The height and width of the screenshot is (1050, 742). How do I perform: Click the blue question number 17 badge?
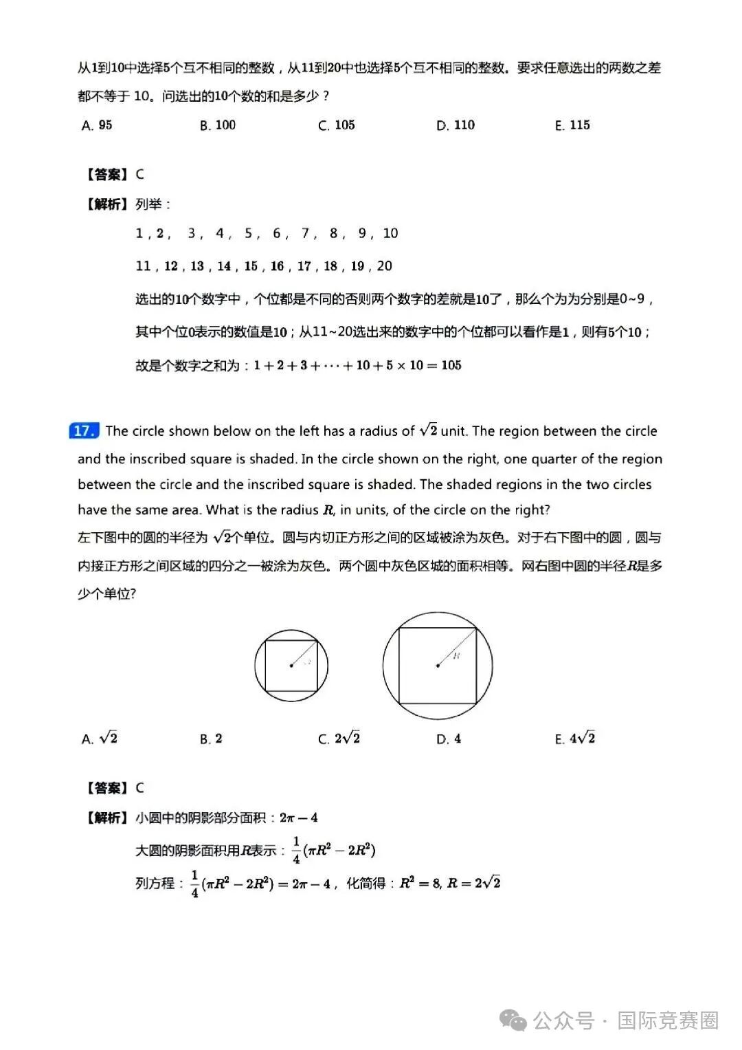84,431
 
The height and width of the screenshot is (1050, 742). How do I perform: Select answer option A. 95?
97,125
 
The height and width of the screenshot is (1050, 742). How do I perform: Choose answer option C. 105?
337,125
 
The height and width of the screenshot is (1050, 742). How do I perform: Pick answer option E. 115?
572,125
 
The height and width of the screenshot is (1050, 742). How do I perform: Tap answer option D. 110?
456,125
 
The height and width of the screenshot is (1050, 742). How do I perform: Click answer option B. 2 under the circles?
211,739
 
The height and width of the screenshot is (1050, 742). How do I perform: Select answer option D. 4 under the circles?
449,739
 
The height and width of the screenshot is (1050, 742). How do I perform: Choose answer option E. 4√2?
575,739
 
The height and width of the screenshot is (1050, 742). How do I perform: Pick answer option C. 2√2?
339,739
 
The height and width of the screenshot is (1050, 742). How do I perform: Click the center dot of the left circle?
291,666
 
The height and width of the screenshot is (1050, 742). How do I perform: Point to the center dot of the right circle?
438,666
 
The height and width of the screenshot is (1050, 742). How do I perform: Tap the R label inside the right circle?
456,655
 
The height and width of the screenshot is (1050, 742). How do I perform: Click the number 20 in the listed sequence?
385,266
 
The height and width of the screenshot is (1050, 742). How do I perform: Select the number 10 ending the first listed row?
390,233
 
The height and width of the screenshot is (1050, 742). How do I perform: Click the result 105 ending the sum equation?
451,365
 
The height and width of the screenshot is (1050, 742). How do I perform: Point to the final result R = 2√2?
473,883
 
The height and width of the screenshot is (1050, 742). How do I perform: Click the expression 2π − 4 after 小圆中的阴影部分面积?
298,818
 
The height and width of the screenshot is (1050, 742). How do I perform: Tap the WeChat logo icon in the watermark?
514,1020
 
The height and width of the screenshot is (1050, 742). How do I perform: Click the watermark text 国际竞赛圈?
667,1020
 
